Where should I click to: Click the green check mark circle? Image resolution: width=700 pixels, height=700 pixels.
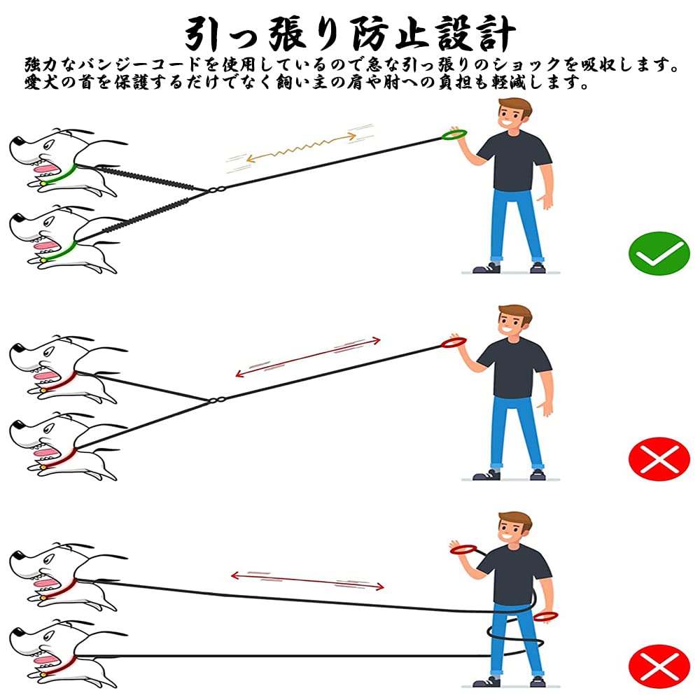point(659,253)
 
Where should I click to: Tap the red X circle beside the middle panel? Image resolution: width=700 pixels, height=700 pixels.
point(659,458)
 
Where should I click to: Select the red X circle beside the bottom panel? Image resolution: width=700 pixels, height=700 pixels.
point(659,666)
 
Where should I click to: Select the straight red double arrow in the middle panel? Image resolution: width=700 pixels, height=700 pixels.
point(308,358)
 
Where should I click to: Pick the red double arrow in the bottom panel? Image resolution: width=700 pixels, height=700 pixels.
point(307,581)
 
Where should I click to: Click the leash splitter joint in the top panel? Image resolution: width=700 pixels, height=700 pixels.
point(216,190)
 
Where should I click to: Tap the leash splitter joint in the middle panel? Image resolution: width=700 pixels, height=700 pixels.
point(216,400)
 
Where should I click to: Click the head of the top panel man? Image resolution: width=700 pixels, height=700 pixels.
point(514,115)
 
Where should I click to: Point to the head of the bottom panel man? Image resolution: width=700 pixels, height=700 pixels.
point(514,529)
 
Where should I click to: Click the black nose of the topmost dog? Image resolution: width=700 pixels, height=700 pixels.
point(18,142)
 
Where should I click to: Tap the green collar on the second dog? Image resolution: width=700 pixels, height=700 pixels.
point(60,252)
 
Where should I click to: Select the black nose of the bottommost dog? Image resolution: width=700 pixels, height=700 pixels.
point(18,633)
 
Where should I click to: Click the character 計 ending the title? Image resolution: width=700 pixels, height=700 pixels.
point(497,34)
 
